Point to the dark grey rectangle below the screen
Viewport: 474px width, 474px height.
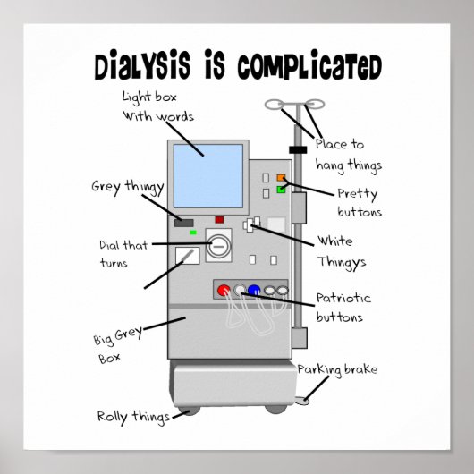(x=185, y=222)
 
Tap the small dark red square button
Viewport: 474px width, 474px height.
(x=219, y=219)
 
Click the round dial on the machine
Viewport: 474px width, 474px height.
(x=219, y=243)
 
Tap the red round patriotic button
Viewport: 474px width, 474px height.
(x=239, y=290)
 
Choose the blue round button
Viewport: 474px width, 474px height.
(x=254, y=290)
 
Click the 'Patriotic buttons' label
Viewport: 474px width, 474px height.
(x=343, y=306)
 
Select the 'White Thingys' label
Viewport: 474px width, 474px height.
(x=335, y=251)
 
